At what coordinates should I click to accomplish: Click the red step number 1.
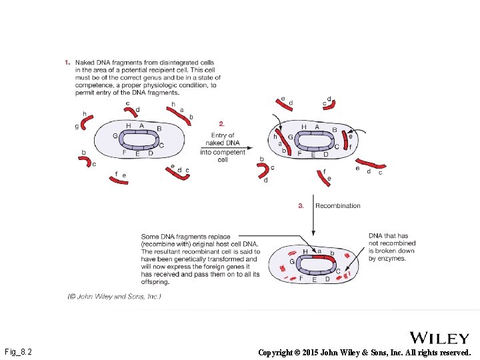pyautogui.click(x=67, y=63)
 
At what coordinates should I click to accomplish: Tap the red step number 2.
pyautogui.click(x=222, y=123)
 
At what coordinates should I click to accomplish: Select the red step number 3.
pyautogui.click(x=301, y=206)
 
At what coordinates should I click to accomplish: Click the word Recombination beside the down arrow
pyautogui.click(x=337, y=206)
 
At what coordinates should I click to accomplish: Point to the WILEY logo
pyautogui.click(x=439, y=338)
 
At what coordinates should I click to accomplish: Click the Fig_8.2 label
pyautogui.click(x=19, y=351)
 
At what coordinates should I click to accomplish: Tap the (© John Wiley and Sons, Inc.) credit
pyautogui.click(x=114, y=296)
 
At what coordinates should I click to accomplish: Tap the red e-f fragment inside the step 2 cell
pyautogui.click(x=345, y=141)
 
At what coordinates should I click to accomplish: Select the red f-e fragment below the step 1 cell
pyautogui.click(x=119, y=181)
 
